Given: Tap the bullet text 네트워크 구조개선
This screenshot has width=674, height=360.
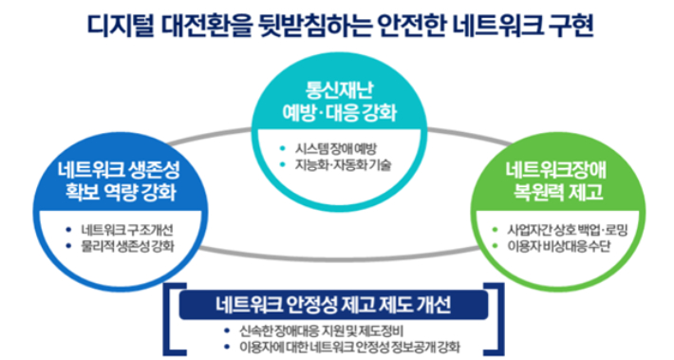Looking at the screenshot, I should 128,229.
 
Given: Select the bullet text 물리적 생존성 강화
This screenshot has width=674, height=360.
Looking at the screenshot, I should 128,246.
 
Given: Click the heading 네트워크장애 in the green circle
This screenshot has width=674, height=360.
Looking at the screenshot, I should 559,172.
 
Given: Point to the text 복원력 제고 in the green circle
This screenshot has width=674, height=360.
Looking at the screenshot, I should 559,196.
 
